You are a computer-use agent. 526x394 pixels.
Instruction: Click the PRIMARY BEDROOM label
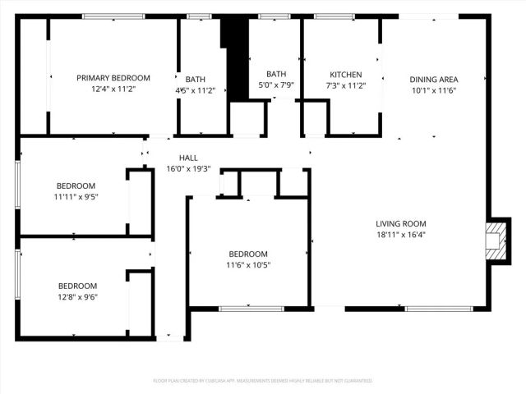pos(113,77)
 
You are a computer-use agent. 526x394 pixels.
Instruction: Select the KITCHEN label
pos(345,74)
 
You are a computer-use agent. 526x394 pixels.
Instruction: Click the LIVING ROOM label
pos(401,223)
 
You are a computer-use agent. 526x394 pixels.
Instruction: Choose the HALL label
pos(188,158)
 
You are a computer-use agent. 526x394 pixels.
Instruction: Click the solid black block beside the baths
pos(235,57)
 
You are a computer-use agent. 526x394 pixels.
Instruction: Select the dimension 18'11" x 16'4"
pos(401,234)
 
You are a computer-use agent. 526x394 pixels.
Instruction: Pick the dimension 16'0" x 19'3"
pos(188,168)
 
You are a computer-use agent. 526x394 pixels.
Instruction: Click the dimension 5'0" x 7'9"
pos(276,85)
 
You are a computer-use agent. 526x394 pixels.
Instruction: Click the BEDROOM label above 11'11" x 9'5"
pos(75,186)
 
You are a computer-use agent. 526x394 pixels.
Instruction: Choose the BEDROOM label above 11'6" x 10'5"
pos(247,254)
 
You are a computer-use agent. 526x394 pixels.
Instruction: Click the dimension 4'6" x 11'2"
pos(195,90)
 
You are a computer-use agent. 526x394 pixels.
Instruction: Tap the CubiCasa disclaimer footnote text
pos(262,381)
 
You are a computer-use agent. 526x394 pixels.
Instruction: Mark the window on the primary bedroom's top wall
pos(108,16)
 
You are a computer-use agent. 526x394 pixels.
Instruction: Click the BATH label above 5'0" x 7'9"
pos(276,74)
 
